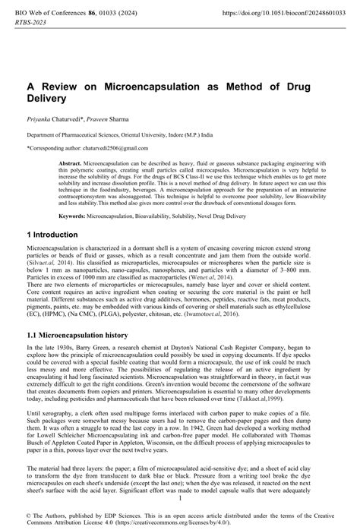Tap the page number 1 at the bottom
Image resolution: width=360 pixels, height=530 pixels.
pos(180,497)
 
